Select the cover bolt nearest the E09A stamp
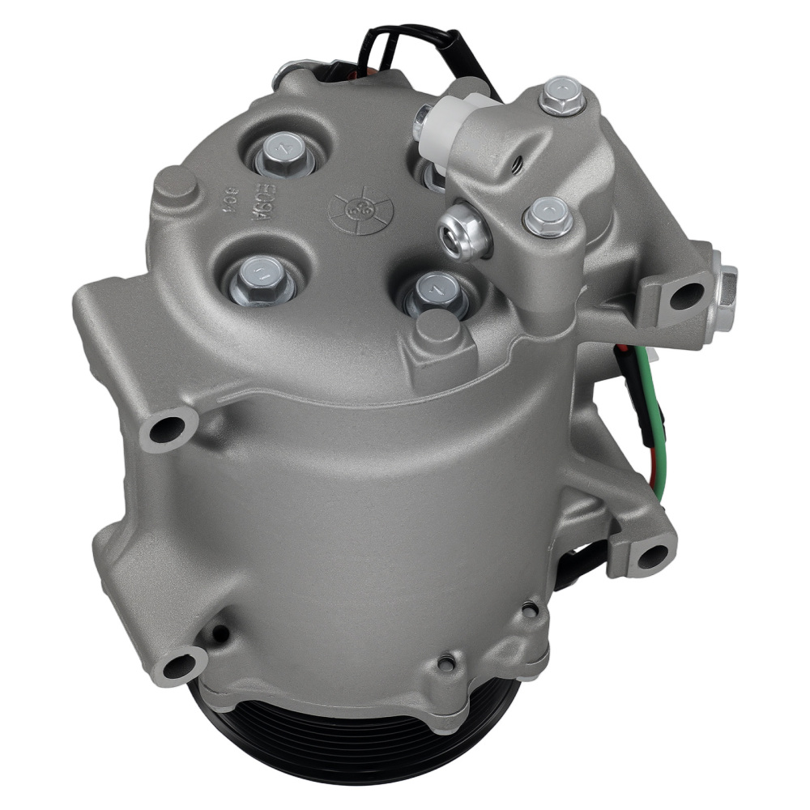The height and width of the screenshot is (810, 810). [280, 155]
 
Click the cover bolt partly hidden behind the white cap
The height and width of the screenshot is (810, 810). [434, 173]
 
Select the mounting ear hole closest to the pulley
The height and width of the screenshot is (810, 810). [179, 667]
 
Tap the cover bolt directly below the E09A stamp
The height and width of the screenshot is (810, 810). [258, 279]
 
